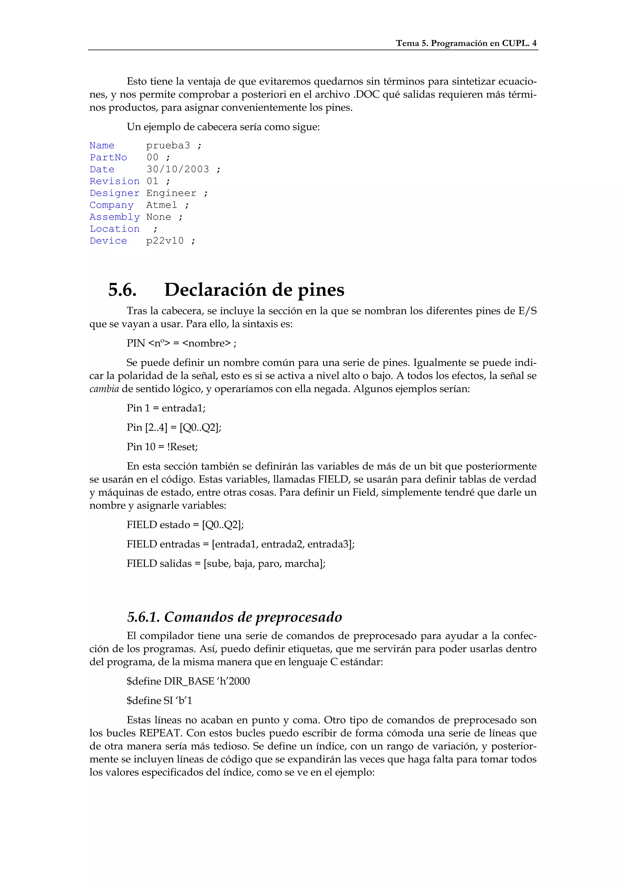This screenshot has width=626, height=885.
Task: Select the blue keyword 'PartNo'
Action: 109,157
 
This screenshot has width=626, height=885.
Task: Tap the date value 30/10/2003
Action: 178,169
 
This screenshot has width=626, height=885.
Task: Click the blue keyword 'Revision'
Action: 115,181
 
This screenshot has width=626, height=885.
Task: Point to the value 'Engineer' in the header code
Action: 171,193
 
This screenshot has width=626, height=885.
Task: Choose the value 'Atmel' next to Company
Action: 162,205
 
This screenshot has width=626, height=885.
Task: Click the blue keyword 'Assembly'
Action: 115,217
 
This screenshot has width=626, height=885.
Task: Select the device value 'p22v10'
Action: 165,241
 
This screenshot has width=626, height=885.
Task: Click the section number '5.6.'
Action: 122,290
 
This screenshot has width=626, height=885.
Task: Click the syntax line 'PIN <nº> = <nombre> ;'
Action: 182,343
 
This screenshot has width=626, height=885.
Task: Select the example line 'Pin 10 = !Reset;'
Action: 162,447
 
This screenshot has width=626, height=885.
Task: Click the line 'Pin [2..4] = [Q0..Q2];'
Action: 174,427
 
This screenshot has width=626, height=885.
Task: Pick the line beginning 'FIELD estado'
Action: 185,525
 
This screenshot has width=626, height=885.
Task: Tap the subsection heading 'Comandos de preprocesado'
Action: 253,617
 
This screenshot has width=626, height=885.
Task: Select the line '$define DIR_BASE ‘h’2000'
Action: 188,681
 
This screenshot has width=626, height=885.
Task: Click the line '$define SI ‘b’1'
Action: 159,700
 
